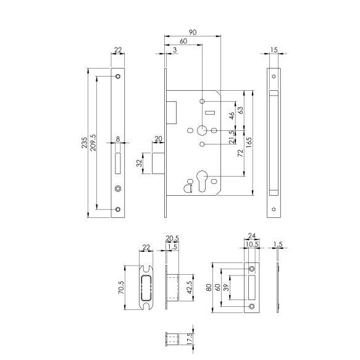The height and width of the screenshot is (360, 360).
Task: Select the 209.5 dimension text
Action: [x=94, y=144]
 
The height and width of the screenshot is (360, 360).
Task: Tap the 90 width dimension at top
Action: [x=192, y=32]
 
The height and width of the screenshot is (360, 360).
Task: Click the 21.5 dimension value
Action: [x=232, y=137]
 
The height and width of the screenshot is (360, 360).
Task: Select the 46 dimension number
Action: [x=232, y=115]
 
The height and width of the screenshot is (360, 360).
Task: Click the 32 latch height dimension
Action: [x=140, y=164]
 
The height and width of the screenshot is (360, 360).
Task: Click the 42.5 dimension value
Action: [x=189, y=288]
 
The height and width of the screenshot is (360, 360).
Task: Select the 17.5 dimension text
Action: [x=189, y=340]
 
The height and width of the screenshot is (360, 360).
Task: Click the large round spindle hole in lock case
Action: [x=203, y=131]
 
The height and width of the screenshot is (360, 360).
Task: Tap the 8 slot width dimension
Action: [x=118, y=139]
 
